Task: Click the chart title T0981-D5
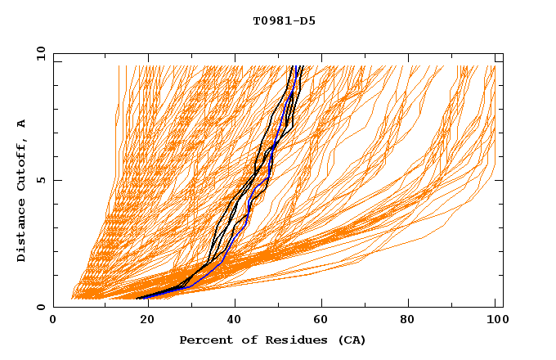pos(284,20)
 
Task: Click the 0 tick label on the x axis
pos(54,321)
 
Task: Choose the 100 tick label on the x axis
pos(495,321)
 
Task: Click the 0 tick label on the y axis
pos(40,307)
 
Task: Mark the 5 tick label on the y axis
pos(40,180)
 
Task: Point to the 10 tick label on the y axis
pos(38,53)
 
